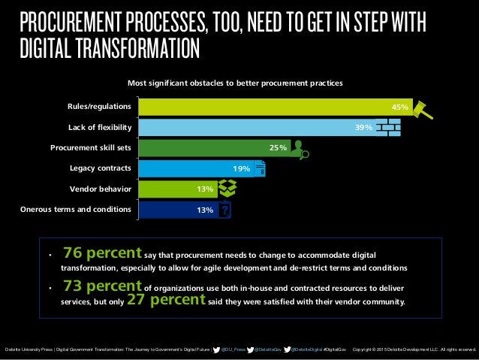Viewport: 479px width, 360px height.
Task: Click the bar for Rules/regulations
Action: [263, 107]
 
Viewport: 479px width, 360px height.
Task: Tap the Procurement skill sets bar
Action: [203, 148]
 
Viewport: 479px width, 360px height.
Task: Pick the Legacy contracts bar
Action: [188, 168]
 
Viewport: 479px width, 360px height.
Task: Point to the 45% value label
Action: [399, 107]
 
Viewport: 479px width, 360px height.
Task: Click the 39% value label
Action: [363, 128]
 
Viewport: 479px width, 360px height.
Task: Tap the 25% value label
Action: [278, 148]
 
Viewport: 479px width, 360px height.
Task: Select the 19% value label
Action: [241, 169]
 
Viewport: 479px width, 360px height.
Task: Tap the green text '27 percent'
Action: [166, 300]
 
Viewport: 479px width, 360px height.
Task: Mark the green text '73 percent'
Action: [102, 286]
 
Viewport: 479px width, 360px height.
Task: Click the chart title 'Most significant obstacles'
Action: [235, 83]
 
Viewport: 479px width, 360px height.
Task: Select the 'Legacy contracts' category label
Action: [101, 168]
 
